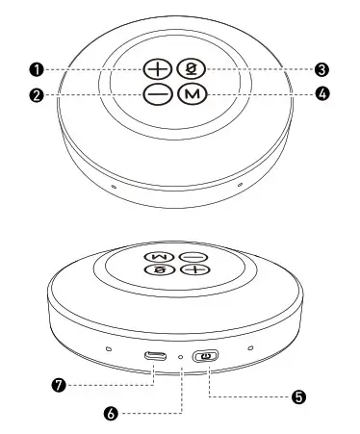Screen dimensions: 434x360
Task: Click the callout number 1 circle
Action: (37, 69)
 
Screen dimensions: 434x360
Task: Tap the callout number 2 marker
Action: (37, 95)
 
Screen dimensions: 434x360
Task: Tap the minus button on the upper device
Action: (159, 94)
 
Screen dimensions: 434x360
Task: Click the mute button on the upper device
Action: (194, 69)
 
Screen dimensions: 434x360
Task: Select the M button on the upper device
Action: (194, 94)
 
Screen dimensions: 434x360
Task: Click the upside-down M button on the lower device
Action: (156, 258)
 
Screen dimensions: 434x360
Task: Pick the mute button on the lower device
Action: (156, 272)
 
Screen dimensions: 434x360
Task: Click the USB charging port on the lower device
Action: (154, 356)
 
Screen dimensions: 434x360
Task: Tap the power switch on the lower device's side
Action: (205, 357)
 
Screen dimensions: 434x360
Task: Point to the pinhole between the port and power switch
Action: (181, 357)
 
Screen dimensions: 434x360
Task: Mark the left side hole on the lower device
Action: (108, 348)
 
